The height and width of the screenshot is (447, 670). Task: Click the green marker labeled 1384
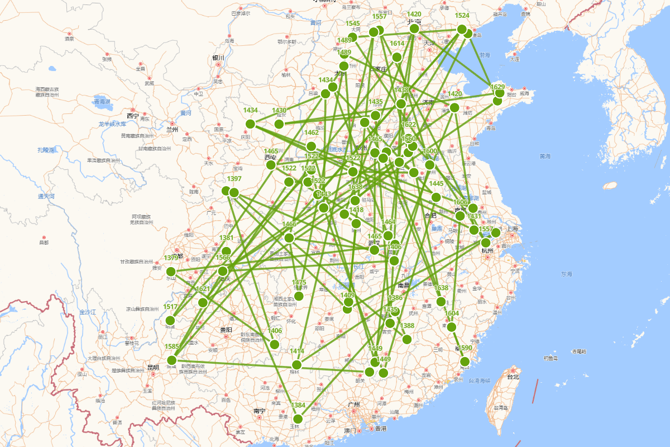tap(298, 419)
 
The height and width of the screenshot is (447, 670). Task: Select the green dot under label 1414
tap(296, 364)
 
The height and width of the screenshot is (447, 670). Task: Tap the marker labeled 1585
tap(172, 360)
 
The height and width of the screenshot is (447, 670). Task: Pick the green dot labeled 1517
tap(170, 320)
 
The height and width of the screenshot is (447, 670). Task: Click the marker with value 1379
tap(171, 272)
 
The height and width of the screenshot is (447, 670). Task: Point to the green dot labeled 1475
tap(299, 296)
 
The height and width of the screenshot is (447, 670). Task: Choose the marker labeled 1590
tap(465, 362)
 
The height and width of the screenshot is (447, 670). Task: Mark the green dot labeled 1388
tap(407, 339)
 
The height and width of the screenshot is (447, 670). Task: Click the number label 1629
tap(497, 87)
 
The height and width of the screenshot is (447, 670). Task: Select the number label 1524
tap(462, 16)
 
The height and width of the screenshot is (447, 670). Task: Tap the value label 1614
tap(397, 44)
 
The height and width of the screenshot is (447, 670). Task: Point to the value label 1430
tap(279, 111)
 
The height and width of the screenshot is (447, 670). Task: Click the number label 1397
tap(234, 179)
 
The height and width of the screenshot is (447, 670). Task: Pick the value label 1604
tap(452, 313)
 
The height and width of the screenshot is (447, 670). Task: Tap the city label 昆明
tap(152, 368)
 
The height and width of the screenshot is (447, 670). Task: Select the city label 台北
tap(512, 377)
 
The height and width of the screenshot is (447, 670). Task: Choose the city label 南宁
tap(259, 411)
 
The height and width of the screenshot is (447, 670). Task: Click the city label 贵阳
tap(225, 330)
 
